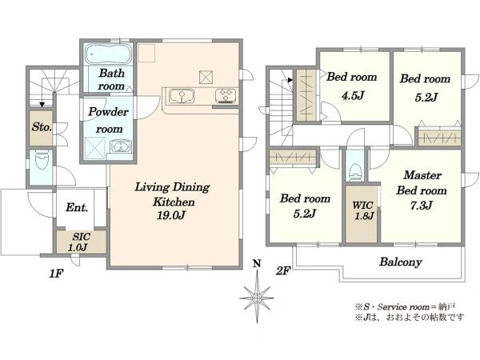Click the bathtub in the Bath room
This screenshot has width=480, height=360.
pos(108,54)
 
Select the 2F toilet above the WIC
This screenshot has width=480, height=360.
pos(355,172)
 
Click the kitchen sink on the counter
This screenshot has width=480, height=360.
pos(182,96)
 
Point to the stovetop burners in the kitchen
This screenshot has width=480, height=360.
pos(226,95)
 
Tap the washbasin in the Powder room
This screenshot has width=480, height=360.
pos(122,147)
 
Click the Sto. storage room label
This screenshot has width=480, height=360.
pos(42,127)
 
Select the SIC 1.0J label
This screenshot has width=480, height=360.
pos(81,242)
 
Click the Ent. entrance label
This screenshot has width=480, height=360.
pos(77,207)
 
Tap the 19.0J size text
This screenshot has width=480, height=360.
pos(171,215)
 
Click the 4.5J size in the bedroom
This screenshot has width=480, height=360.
pos(353,96)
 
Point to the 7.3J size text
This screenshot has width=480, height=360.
pos(422,206)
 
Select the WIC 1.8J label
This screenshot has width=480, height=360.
pos(364,210)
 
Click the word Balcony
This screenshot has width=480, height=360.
pos(401,262)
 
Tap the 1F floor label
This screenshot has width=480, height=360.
pos(56,274)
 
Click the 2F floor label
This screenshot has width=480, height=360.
pos(282,271)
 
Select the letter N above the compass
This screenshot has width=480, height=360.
pos(257,263)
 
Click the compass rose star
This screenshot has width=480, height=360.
pos(257,298)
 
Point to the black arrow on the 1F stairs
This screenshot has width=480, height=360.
pos(42,104)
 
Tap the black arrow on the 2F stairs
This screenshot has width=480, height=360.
pos(290,80)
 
